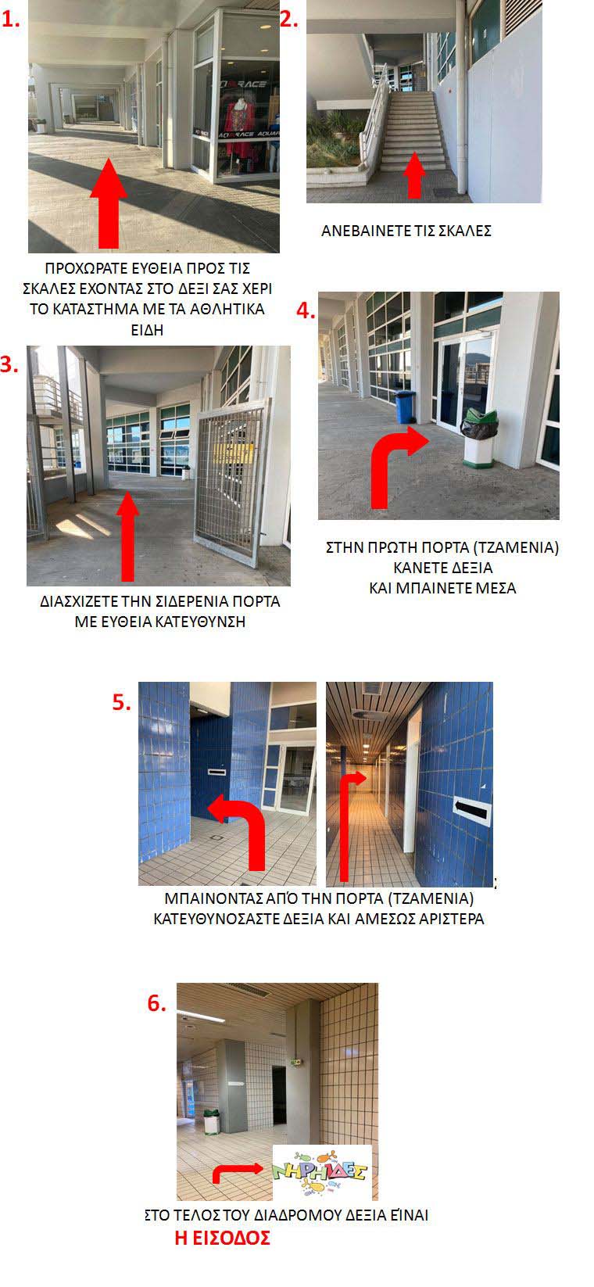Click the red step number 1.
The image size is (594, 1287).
pyautogui.click(x=10, y=20)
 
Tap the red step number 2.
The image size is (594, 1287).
pyautogui.click(x=289, y=20)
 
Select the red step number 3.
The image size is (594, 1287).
pyautogui.click(x=9, y=364)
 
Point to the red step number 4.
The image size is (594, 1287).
pyautogui.click(x=306, y=311)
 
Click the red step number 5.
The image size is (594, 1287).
pyautogui.click(x=121, y=702)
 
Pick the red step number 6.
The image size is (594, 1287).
pyautogui.click(x=157, y=1003)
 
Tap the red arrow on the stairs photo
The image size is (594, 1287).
pyautogui.click(x=414, y=174)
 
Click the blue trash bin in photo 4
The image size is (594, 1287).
pyautogui.click(x=406, y=407)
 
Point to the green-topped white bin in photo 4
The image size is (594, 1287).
pyautogui.click(x=479, y=437)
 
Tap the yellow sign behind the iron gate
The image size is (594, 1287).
pyautogui.click(x=233, y=453)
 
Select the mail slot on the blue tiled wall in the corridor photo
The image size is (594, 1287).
pyautogui.click(x=472, y=810)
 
